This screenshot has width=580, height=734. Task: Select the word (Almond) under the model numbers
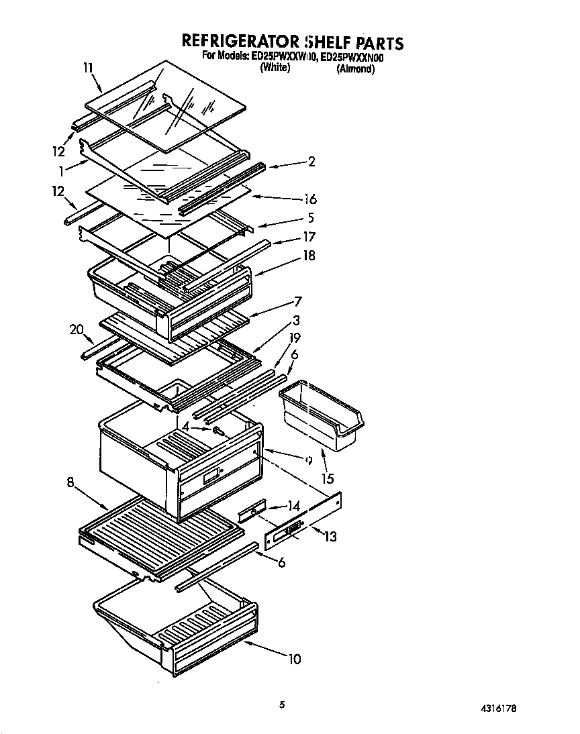(355, 69)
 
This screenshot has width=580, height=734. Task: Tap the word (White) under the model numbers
(275, 68)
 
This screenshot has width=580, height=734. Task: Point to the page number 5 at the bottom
(283, 704)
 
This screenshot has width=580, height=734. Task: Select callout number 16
(309, 199)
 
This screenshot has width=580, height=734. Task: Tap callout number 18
(309, 256)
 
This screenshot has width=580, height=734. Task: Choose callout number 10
(294, 659)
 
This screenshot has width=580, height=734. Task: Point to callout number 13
(330, 537)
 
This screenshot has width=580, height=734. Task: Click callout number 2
(311, 161)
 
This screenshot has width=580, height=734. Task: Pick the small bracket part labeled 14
(252, 513)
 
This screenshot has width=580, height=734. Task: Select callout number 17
(309, 237)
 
